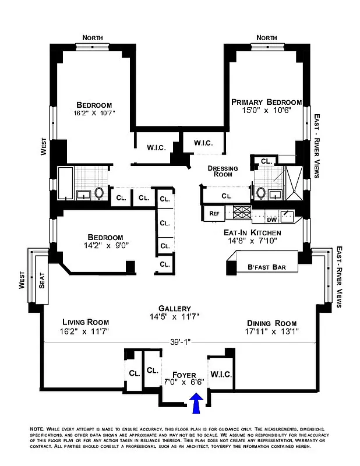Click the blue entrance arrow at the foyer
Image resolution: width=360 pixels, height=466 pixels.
pos(196,403)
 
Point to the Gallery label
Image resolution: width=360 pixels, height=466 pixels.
pos(175,308)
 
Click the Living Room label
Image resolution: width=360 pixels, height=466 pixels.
pos(86,322)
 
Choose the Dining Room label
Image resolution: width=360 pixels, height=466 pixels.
pos(271,323)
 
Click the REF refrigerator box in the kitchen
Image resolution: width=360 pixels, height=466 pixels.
pos(214,214)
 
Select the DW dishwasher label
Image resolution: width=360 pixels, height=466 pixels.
pos(271,220)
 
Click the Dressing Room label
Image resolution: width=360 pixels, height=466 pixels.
pos(223,171)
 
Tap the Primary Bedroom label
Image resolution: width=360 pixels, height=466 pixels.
pos(266,102)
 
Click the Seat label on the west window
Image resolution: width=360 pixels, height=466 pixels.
pos(41,283)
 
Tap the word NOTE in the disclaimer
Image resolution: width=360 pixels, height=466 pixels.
pos(37,429)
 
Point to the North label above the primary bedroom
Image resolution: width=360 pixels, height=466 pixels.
pos(266,38)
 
